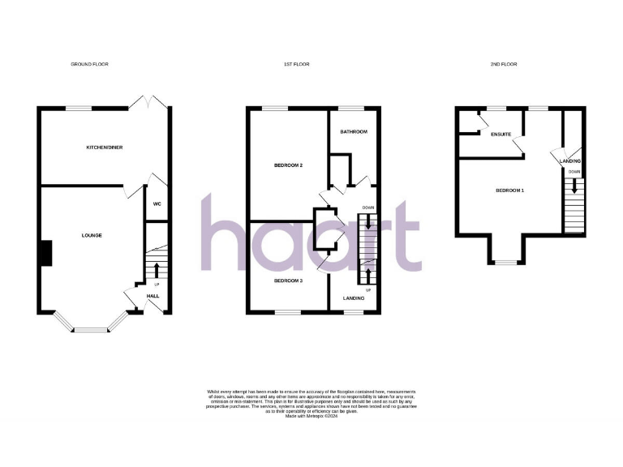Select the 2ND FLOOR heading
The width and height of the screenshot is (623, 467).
[x=505, y=64]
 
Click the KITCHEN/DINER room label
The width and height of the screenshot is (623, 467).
[x=110, y=148]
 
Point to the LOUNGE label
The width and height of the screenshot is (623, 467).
[x=92, y=235]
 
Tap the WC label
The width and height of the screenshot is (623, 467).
[x=157, y=204]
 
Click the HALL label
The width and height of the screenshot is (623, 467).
[x=153, y=297]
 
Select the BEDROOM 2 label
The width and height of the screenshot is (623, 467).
[x=288, y=165]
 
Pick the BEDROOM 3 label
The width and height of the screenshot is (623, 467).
[x=288, y=281]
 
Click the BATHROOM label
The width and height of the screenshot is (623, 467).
[x=354, y=131]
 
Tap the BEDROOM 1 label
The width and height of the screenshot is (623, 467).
[x=510, y=191]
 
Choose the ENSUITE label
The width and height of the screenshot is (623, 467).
[x=501, y=135]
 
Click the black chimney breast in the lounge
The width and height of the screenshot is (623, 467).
[x=47, y=253]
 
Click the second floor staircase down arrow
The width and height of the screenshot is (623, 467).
[x=574, y=185]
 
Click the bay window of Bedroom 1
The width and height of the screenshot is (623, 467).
[x=506, y=262]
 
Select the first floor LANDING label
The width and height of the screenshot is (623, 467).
[x=353, y=298]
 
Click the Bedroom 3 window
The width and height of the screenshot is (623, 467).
[x=288, y=312]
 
